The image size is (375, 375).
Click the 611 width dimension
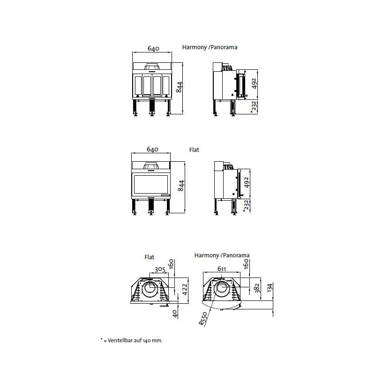(x=222, y=269)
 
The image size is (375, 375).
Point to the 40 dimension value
(x=175, y=313)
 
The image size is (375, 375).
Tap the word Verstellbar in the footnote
(x=120, y=340)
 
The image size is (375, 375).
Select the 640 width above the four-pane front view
(x=153, y=48)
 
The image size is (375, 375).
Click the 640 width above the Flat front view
(x=153, y=149)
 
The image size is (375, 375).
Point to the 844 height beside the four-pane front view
(x=178, y=87)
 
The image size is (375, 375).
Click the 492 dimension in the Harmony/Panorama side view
(x=254, y=83)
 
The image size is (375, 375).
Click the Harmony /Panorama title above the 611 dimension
(x=222, y=255)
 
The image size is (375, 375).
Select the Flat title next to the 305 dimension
(x=150, y=257)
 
